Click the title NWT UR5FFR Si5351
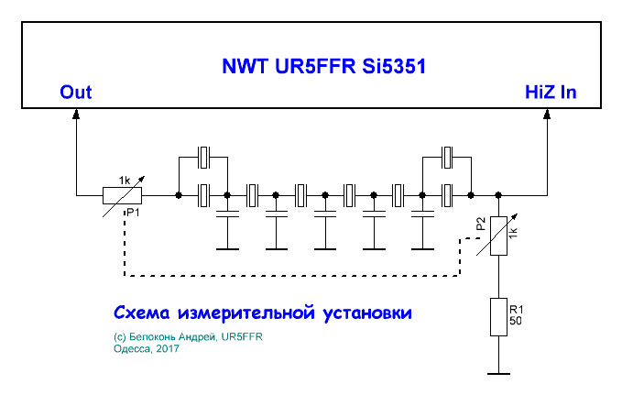click(x=324, y=67)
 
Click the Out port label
click(x=75, y=93)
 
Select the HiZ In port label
click(x=550, y=93)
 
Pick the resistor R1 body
click(x=497, y=315)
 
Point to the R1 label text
click(x=518, y=310)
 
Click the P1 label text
click(x=133, y=213)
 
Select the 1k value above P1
click(x=125, y=180)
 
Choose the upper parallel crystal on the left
click(x=204, y=157)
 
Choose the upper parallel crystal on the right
click(x=446, y=157)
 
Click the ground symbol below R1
click(x=497, y=372)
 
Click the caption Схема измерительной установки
click(x=264, y=313)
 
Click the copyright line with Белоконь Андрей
click(x=189, y=337)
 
